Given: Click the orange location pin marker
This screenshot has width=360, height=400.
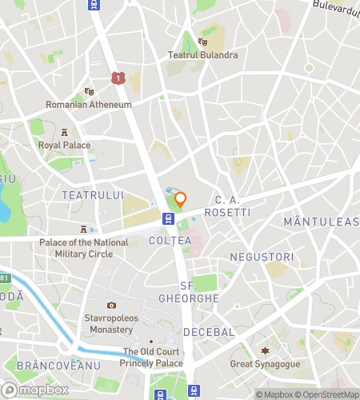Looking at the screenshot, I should [x=181, y=200].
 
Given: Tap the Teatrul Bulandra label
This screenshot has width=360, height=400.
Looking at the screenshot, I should [x=202, y=55].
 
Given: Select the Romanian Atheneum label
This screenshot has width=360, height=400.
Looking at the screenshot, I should [x=88, y=105].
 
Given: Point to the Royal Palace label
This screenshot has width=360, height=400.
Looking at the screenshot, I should [x=64, y=146].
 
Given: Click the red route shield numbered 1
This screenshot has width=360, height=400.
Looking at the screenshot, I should [x=119, y=78].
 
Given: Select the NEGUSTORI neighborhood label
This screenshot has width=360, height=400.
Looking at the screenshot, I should [x=258, y=256].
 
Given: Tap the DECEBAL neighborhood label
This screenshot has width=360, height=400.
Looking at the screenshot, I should [x=208, y=331].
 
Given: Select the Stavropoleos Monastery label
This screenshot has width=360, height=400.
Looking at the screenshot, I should [x=111, y=323].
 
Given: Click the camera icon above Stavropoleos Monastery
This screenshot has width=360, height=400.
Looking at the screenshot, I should [x=111, y=305].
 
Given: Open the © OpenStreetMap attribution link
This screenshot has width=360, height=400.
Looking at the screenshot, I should [x=326, y=394].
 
